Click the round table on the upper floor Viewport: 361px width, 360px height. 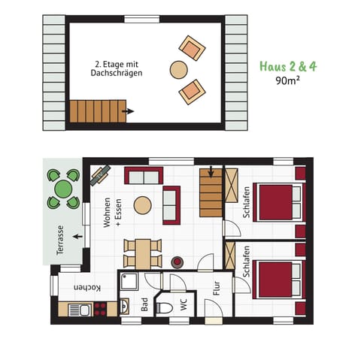pos(179,70)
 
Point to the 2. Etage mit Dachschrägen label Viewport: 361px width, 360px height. pos(119,68)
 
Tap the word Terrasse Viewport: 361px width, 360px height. pos(58,240)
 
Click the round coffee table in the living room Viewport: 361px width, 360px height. pos(143,205)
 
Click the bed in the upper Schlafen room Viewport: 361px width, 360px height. pos(278,201)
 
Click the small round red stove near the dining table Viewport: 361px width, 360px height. pos(179,262)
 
